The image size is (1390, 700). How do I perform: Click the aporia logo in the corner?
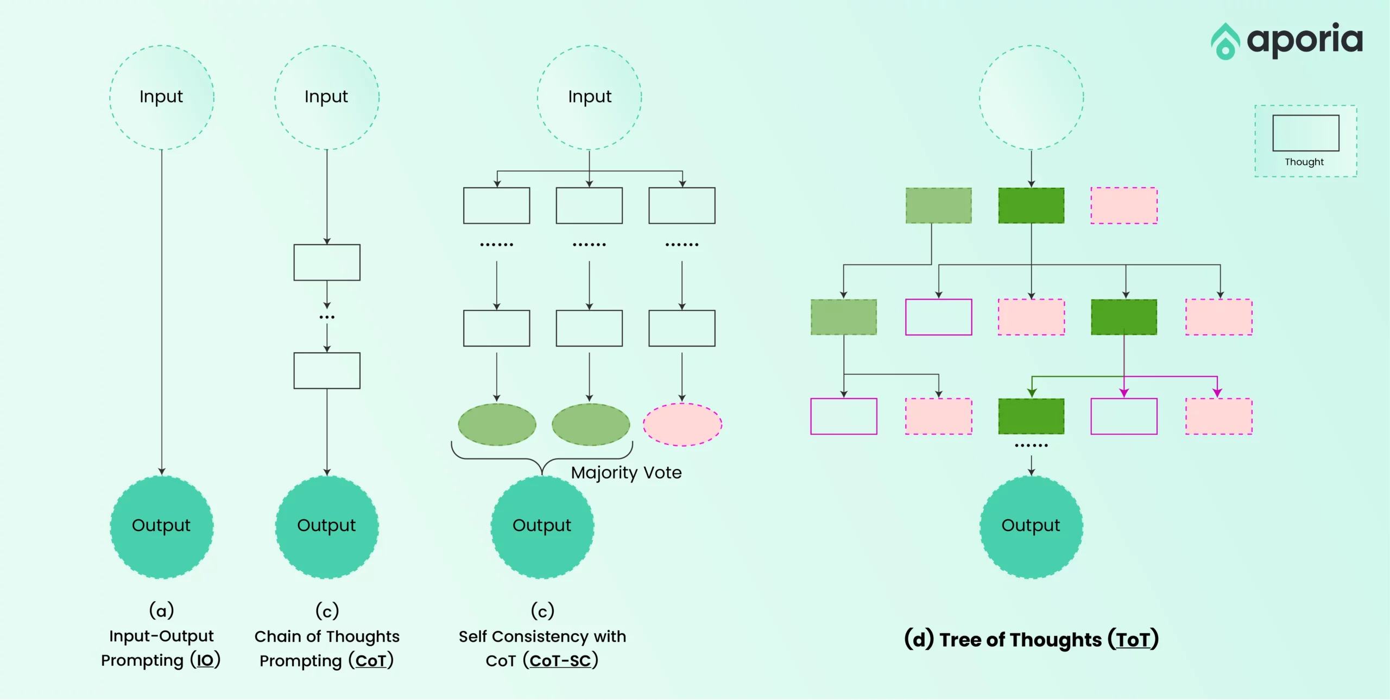pos(1287,41)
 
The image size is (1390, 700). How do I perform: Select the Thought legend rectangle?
pos(1306,133)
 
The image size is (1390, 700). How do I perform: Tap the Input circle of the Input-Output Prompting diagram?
pos(162,97)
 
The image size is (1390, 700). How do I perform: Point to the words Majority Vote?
pos(626,473)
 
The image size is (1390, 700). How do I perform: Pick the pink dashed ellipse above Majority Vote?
pos(683,424)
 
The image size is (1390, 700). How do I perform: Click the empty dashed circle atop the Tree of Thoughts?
pos(1032,97)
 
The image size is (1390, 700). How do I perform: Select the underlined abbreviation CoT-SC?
pos(560,661)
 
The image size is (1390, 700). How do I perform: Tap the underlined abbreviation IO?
pos(205,660)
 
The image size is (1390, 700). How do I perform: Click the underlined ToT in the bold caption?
pos(1133,640)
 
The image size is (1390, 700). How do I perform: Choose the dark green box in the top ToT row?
pos(1031,206)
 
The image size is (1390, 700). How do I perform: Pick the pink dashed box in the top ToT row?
pos(1124,206)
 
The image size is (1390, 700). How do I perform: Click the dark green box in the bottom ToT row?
pos(1031,416)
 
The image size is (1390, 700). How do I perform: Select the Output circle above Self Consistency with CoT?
pos(542,527)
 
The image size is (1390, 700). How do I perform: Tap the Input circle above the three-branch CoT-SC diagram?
pos(590,97)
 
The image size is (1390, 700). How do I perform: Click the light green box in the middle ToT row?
pos(844,317)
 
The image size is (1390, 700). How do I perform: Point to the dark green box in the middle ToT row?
pos(1124,317)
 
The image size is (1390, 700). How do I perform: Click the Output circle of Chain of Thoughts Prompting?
pos(327,527)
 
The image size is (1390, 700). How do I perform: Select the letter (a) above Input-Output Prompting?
pos(162,610)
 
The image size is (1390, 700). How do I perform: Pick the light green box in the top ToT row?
pos(939,206)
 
